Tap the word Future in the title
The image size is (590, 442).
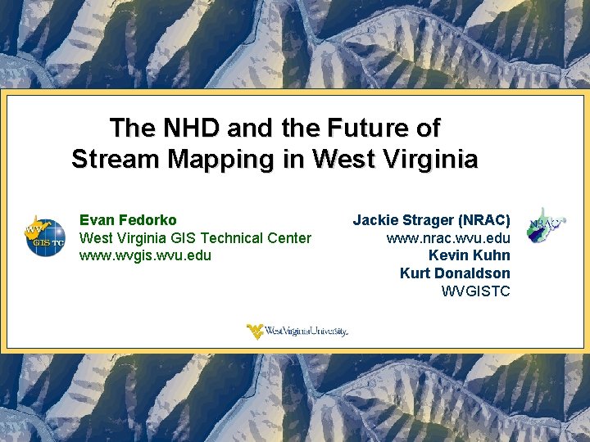pyautogui.click(x=365, y=129)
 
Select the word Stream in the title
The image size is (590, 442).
pyautogui.click(x=116, y=158)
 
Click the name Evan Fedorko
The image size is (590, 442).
pyautogui.click(x=128, y=220)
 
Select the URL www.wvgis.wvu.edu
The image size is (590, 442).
pyautogui.click(x=145, y=255)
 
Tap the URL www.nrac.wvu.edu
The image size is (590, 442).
pyautogui.click(x=448, y=238)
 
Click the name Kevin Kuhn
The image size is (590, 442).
pyautogui.click(x=469, y=255)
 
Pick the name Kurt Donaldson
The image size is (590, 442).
pyautogui.click(x=455, y=273)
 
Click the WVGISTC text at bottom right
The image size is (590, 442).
pyautogui.click(x=475, y=291)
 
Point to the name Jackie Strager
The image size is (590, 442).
pyautogui.click(x=404, y=220)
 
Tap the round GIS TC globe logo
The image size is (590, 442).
pyautogui.click(x=45, y=237)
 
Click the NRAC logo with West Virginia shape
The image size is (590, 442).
pyautogui.click(x=547, y=225)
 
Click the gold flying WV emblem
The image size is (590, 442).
pyautogui.click(x=256, y=331)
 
